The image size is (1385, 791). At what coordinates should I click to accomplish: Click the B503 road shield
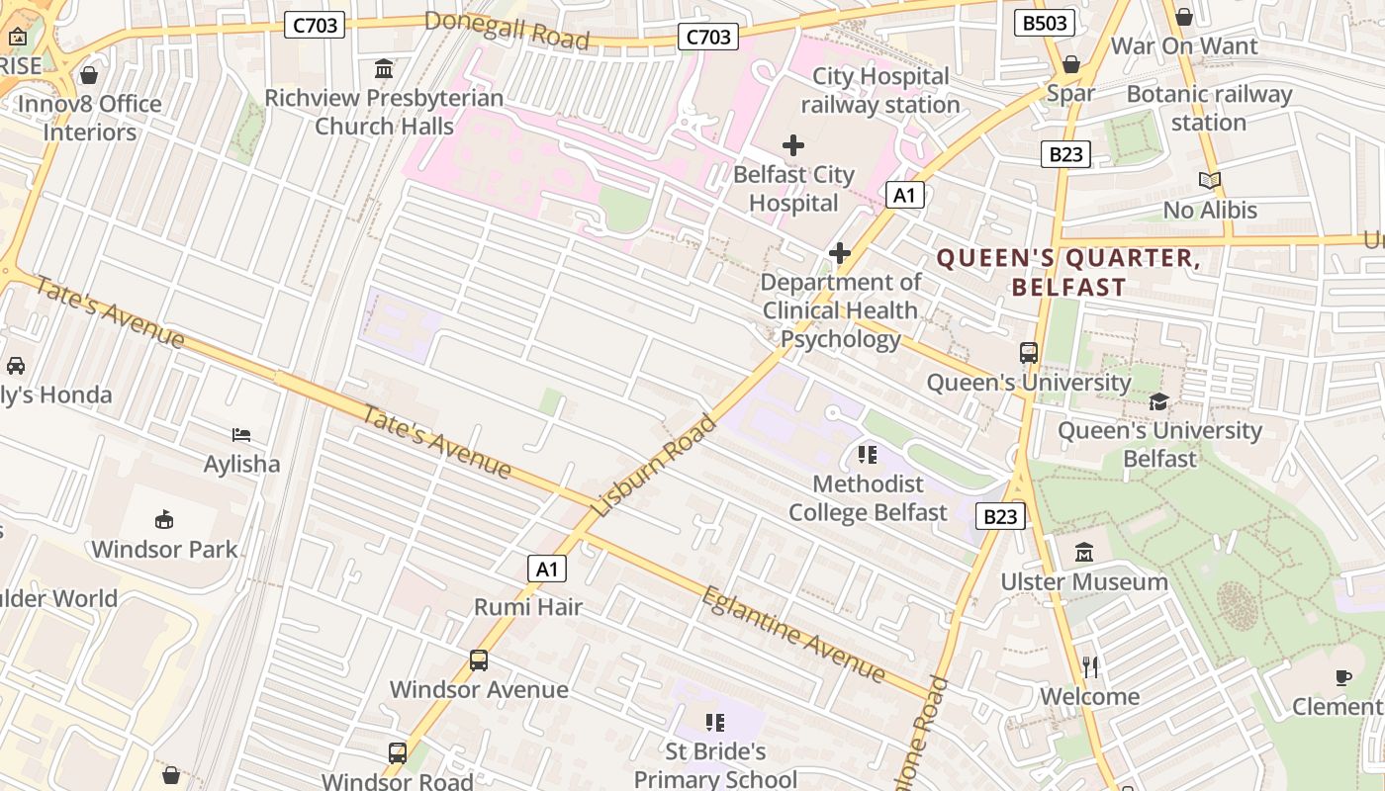point(1045,23)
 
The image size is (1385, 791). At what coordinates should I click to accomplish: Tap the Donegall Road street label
point(508,30)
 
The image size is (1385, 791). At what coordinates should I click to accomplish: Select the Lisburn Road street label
point(655,466)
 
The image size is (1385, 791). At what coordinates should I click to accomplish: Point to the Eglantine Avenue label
point(793,634)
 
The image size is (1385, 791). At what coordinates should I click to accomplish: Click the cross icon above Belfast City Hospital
point(792,146)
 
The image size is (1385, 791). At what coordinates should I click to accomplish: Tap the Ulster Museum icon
point(1084,552)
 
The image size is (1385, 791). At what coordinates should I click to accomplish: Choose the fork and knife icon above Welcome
point(1090,667)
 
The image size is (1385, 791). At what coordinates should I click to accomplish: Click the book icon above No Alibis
point(1209,181)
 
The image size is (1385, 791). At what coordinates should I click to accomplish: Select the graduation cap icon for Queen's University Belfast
point(1158,401)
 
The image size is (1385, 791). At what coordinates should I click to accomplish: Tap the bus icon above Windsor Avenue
point(479,659)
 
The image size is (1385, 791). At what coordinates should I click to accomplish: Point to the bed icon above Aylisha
point(241,435)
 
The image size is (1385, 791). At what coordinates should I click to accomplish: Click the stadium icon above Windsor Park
point(164,520)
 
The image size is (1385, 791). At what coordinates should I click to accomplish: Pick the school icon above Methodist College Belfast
point(868,455)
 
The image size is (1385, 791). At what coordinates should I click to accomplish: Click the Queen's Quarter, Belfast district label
point(1068,273)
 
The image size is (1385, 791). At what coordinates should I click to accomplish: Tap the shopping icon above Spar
point(1070,64)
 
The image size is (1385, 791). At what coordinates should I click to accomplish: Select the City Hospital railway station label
point(879,90)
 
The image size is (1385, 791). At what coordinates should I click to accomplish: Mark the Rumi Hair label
point(528,607)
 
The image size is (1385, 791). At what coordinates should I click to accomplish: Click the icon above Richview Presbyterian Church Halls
point(384,69)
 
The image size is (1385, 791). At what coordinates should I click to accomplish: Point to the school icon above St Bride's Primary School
point(714,723)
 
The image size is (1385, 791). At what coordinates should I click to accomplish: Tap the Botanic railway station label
point(1209,108)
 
